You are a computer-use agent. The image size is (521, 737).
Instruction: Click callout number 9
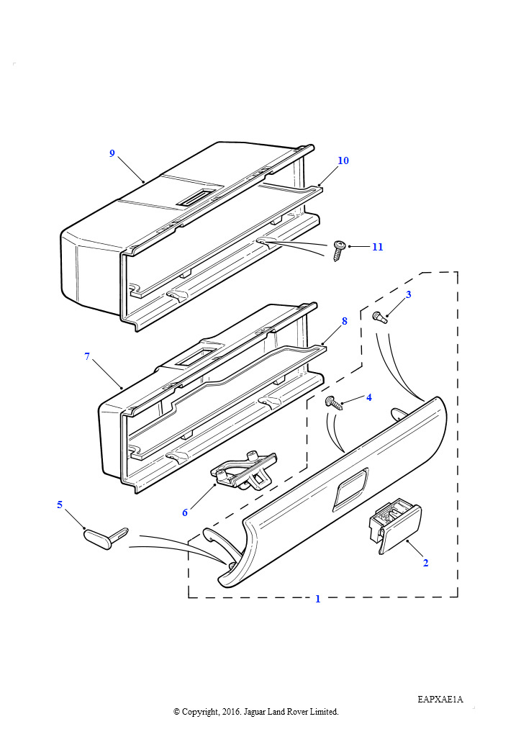(112, 153)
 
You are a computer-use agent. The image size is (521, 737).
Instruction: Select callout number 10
(343, 160)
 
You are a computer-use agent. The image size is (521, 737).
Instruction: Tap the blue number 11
(378, 247)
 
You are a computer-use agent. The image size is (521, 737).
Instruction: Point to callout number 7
(87, 357)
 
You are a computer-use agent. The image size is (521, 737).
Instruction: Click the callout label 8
(345, 322)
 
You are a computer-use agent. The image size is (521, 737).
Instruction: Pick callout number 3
(408, 294)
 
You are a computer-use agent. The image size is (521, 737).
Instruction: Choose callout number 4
(368, 397)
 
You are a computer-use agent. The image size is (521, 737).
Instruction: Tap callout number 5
(60, 505)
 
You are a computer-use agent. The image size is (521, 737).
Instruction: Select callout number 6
(185, 512)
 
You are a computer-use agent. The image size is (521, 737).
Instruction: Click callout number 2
(425, 563)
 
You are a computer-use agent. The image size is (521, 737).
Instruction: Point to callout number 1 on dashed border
(317, 599)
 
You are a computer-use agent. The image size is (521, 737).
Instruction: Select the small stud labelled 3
(379, 317)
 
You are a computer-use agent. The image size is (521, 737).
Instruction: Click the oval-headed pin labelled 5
(105, 537)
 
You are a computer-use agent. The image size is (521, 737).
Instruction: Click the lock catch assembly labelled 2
(395, 525)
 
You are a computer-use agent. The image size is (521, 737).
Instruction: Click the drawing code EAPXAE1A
(440, 700)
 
